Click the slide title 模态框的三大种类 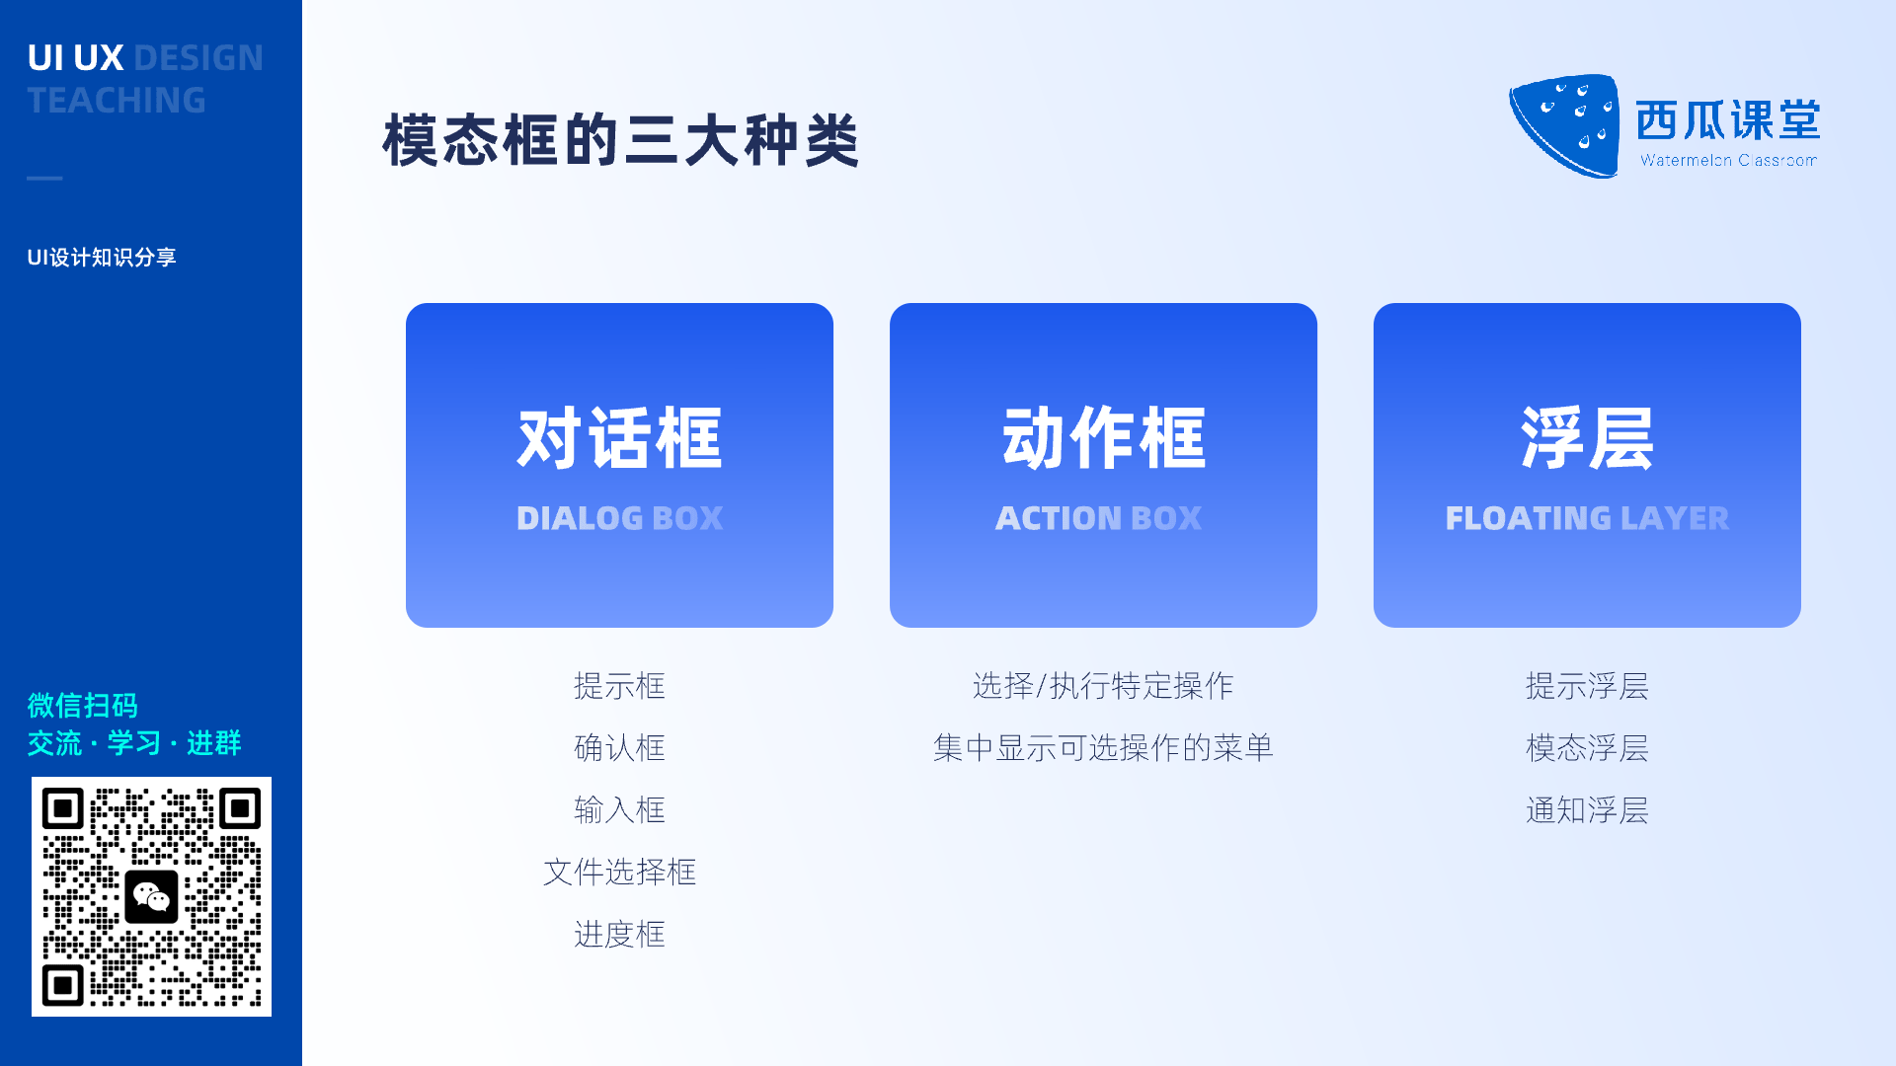[621, 140]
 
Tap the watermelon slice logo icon [1565, 125]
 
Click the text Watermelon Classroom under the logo [1728, 160]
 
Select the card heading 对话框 [619, 438]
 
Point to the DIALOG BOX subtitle [619, 518]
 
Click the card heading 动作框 [1103, 438]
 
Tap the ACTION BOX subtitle [1099, 518]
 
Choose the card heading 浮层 [1587, 438]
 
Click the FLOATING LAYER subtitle [1587, 518]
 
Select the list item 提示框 [619, 686]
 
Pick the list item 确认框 [619, 748]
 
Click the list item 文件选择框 [619, 872]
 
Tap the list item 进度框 [619, 934]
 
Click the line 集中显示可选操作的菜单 [1103, 748]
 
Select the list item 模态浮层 [1587, 748]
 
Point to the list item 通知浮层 [1587, 810]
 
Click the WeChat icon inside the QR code [151, 896]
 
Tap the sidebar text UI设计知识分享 [102, 258]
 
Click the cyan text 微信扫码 [83, 706]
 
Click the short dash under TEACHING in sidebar [44, 178]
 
